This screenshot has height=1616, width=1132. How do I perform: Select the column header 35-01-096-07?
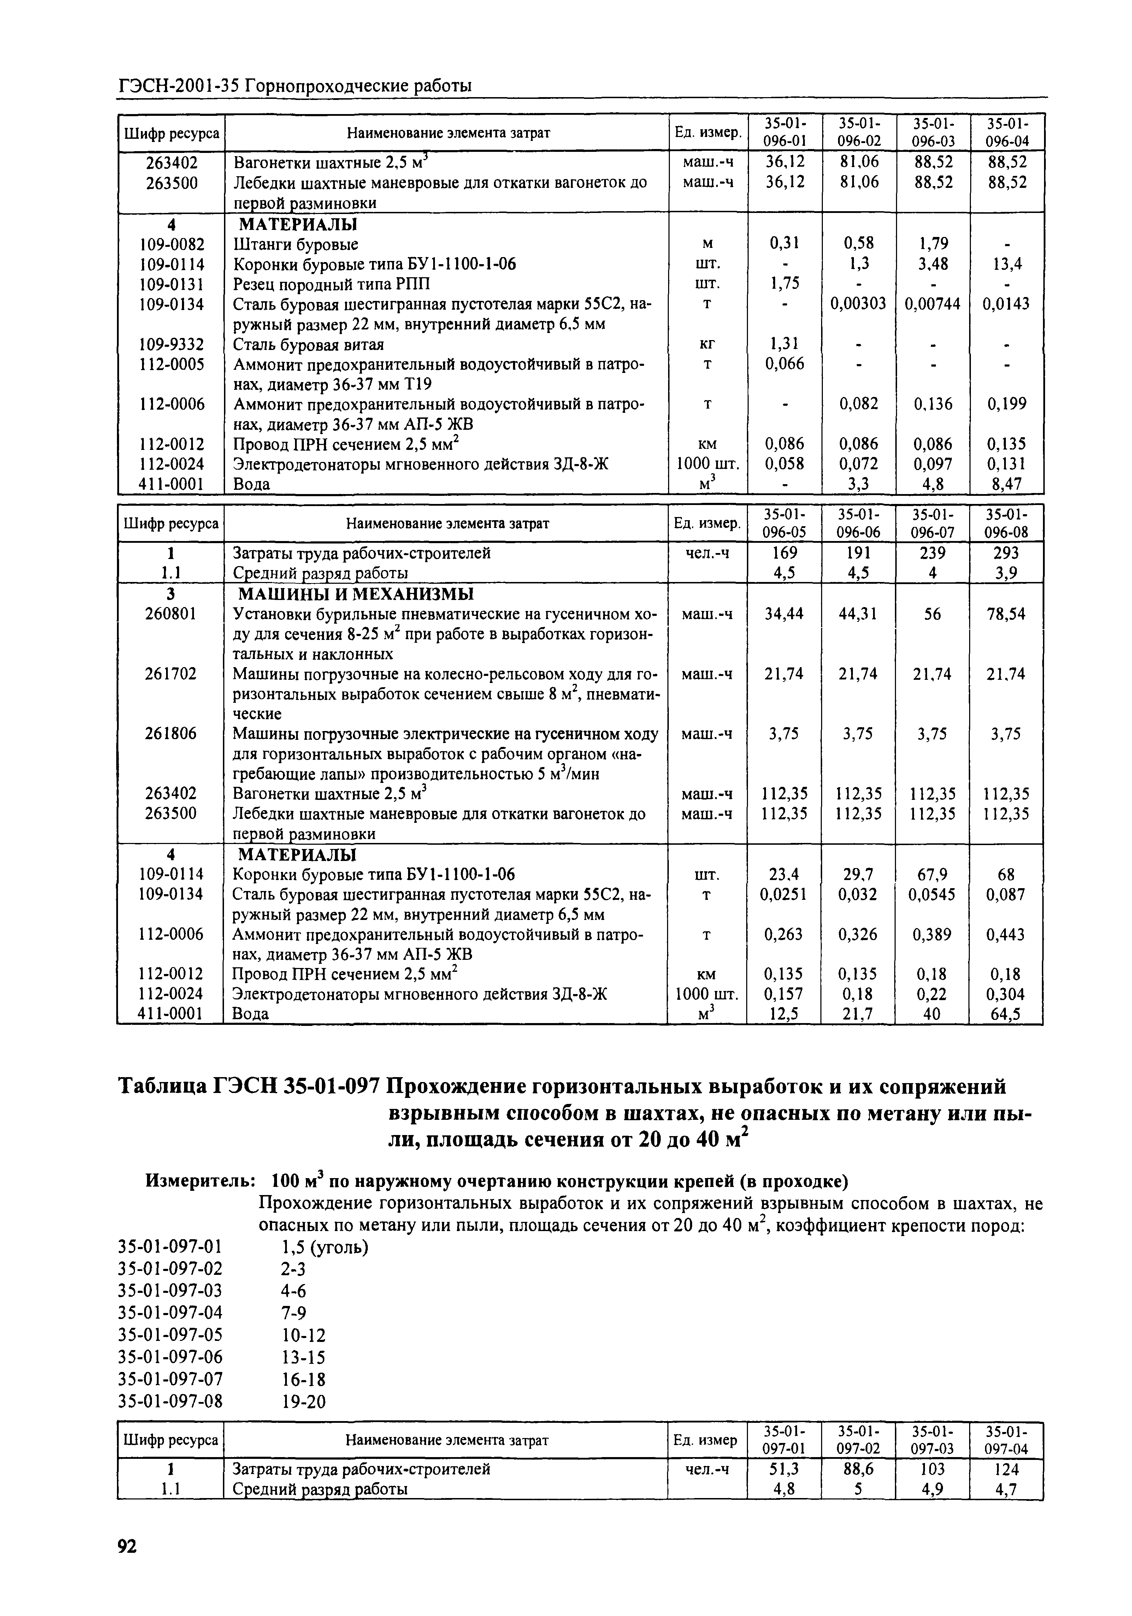click(931, 523)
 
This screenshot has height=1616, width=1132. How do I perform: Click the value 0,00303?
click(857, 304)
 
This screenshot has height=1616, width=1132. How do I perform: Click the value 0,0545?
click(931, 895)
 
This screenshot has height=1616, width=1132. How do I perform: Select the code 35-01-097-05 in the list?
click(170, 1335)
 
